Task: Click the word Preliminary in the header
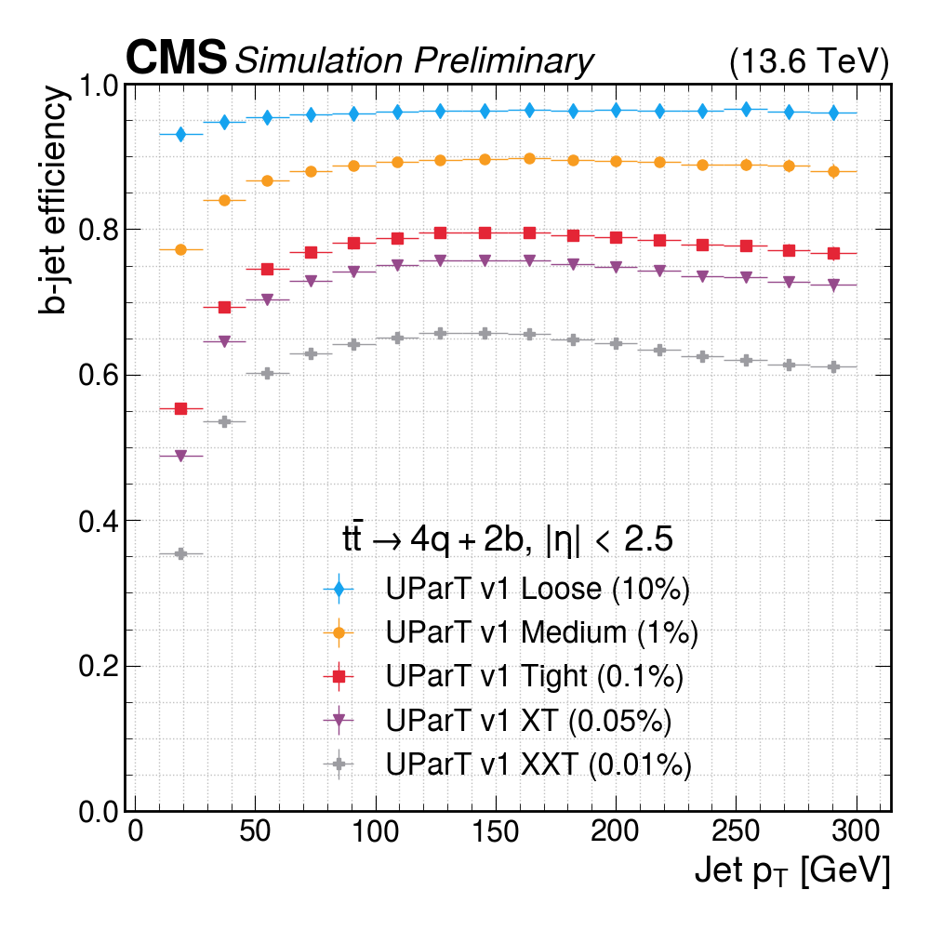(503, 61)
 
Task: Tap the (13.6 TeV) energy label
(809, 62)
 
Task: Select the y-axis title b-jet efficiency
(54, 200)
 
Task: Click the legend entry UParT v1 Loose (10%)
(537, 590)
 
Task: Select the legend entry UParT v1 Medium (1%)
(541, 633)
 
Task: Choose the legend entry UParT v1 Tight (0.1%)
(534, 677)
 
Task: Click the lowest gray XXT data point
(181, 553)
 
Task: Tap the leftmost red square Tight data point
(181, 408)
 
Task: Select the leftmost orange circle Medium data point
(181, 249)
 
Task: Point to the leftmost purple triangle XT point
(181, 456)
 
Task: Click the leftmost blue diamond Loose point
(181, 135)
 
